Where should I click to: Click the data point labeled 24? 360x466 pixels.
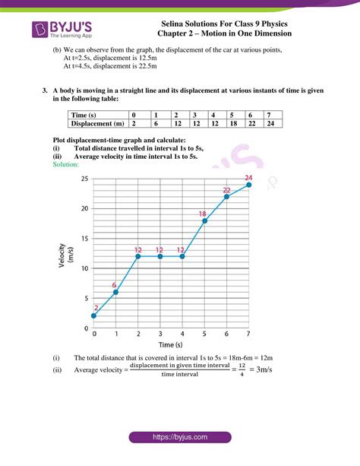pyautogui.click(x=248, y=185)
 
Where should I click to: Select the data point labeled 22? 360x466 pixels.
pyautogui.click(x=226, y=197)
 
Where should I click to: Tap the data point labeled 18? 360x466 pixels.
pyautogui.click(x=204, y=220)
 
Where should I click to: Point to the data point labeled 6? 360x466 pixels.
pyautogui.click(x=116, y=292)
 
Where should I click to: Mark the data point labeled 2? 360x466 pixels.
pyautogui.click(x=94, y=315)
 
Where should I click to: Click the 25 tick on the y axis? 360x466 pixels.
pyautogui.click(x=85, y=179)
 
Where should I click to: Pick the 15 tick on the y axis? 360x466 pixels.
pyautogui.click(x=85, y=238)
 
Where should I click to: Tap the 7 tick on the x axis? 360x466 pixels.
pyautogui.click(x=248, y=334)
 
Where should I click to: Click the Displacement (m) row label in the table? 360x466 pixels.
pyautogui.click(x=96, y=123)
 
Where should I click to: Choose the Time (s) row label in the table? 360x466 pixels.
pyautogui.click(x=84, y=115)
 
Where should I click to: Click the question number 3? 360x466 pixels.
pyautogui.click(x=46, y=90)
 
